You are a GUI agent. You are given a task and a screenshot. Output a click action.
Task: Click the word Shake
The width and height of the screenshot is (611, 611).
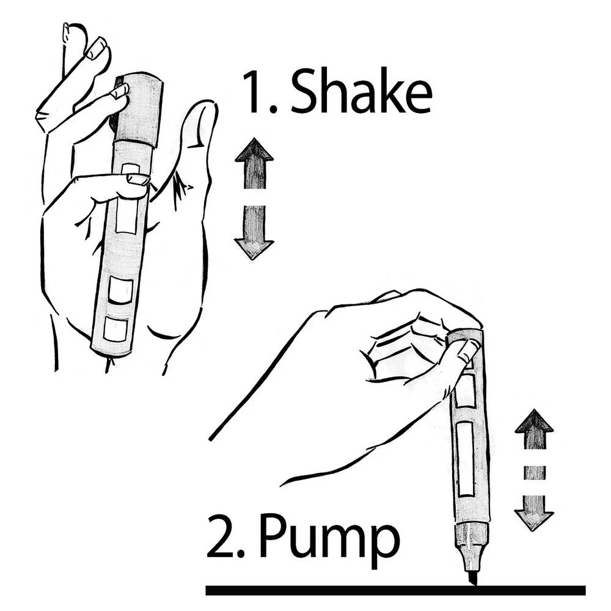click(x=360, y=93)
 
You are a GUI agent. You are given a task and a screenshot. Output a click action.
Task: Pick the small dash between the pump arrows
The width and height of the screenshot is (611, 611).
click(x=534, y=472)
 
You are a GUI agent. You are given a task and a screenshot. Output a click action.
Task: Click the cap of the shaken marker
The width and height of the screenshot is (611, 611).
click(x=140, y=107)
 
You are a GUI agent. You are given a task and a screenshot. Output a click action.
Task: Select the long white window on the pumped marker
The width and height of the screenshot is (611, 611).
click(x=466, y=458)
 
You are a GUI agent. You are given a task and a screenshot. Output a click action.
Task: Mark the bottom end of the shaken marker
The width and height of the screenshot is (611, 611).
click(x=110, y=352)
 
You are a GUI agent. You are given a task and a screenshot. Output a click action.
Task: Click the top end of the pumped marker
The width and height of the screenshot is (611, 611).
click(x=466, y=334)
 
